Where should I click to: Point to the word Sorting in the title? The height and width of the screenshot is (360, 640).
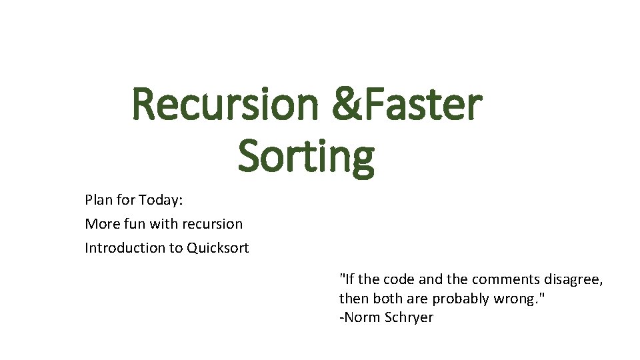pyautogui.click(x=306, y=156)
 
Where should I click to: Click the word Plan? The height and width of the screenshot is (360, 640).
pyautogui.click(x=97, y=199)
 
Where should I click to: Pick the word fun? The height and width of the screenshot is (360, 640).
pyautogui.click(x=135, y=223)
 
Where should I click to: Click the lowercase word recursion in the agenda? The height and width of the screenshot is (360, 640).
pyautogui.click(x=210, y=223)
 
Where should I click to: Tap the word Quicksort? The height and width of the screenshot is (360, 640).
pyautogui.click(x=218, y=248)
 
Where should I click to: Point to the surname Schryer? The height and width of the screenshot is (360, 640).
pyautogui.click(x=409, y=318)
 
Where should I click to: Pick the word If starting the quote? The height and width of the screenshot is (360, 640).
pyautogui.click(x=347, y=279)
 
